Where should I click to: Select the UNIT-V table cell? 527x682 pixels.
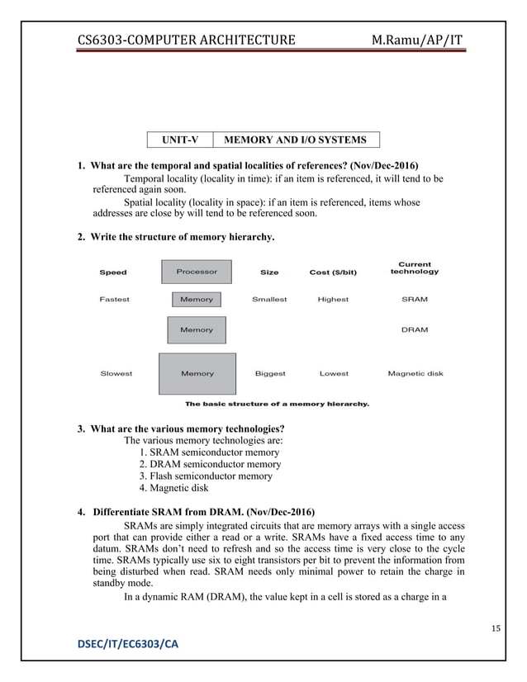[179, 140]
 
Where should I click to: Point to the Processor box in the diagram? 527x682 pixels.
[197, 271]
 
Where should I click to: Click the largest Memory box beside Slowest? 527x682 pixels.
[197, 373]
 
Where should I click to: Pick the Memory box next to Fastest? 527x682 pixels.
[197, 299]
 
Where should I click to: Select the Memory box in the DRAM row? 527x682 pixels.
[197, 329]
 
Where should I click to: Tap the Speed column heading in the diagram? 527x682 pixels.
[113, 272]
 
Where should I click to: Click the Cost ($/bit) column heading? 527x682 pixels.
[333, 272]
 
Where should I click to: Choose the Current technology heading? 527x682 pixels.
[415, 268]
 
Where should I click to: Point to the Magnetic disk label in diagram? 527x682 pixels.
[415, 373]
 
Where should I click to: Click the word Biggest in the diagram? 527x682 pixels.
[270, 373]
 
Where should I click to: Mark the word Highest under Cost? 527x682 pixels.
[333, 299]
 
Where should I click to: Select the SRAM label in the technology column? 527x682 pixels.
[415, 299]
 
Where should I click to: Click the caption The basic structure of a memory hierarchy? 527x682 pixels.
[277, 404]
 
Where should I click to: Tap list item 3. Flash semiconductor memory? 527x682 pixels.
[206, 476]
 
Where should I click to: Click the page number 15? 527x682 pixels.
[496, 630]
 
